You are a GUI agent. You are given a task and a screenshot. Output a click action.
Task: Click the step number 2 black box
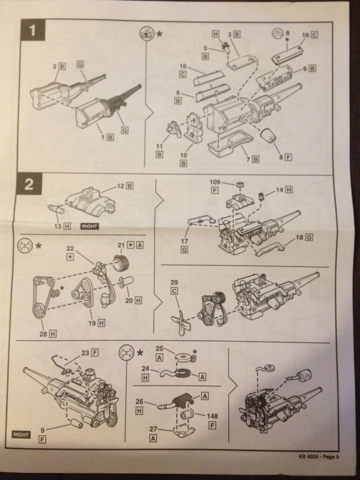29,184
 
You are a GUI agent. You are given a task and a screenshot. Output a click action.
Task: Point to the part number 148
213,416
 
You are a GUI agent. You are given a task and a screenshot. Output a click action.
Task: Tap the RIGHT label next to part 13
89,226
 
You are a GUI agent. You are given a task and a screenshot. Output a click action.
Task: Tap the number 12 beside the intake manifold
121,186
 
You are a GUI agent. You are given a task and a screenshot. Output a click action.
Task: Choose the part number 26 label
139,401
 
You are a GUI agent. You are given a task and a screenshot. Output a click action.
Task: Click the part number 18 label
299,238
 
